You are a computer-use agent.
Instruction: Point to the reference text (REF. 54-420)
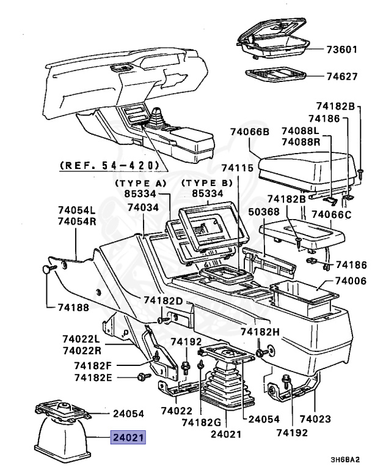[x=110, y=165]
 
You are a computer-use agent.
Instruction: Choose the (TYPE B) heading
[x=208, y=184]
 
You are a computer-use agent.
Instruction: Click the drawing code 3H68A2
[x=348, y=460]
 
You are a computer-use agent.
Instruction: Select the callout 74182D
[x=164, y=300]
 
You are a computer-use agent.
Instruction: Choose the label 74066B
[x=250, y=132]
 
